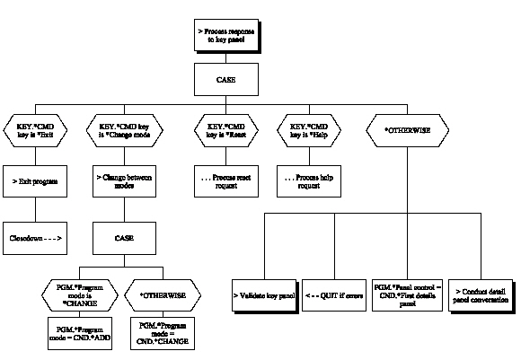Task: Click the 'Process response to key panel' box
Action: (227, 36)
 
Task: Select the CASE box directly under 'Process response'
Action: (227, 81)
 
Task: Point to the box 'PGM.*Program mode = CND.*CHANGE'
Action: (163, 333)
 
